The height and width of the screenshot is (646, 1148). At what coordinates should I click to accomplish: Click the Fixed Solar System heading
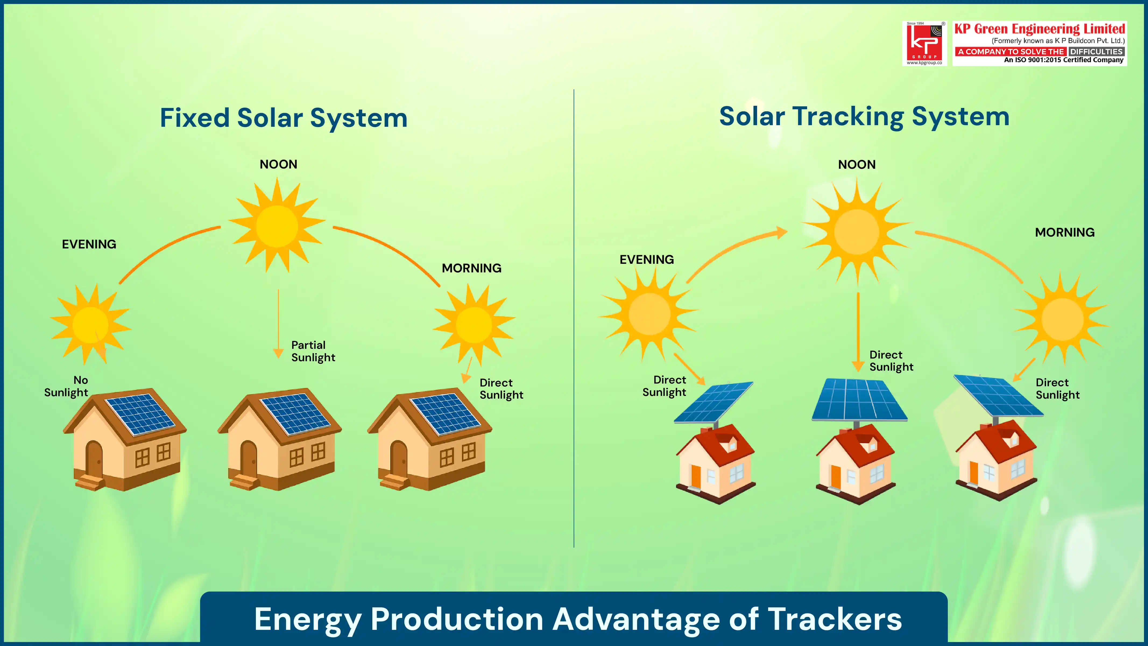(283, 118)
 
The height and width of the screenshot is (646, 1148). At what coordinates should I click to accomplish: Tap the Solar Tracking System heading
(864, 117)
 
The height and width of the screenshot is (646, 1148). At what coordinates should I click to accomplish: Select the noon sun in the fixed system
(277, 226)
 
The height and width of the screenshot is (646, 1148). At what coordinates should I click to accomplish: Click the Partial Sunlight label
(313, 351)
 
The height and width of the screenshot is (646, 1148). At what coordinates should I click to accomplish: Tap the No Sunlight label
(66, 386)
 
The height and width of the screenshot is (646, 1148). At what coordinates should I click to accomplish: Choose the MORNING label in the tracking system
(1064, 232)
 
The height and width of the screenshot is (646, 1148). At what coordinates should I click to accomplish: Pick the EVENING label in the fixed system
(89, 244)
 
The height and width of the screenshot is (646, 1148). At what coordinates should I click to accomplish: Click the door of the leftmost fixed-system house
(94, 459)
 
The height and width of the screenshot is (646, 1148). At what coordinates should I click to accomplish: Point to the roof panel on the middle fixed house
(295, 413)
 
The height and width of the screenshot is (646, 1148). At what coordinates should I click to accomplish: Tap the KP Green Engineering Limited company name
(1039, 29)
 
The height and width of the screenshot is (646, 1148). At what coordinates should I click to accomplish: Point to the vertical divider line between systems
(574, 318)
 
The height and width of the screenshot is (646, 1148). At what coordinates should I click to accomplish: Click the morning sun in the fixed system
(474, 324)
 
